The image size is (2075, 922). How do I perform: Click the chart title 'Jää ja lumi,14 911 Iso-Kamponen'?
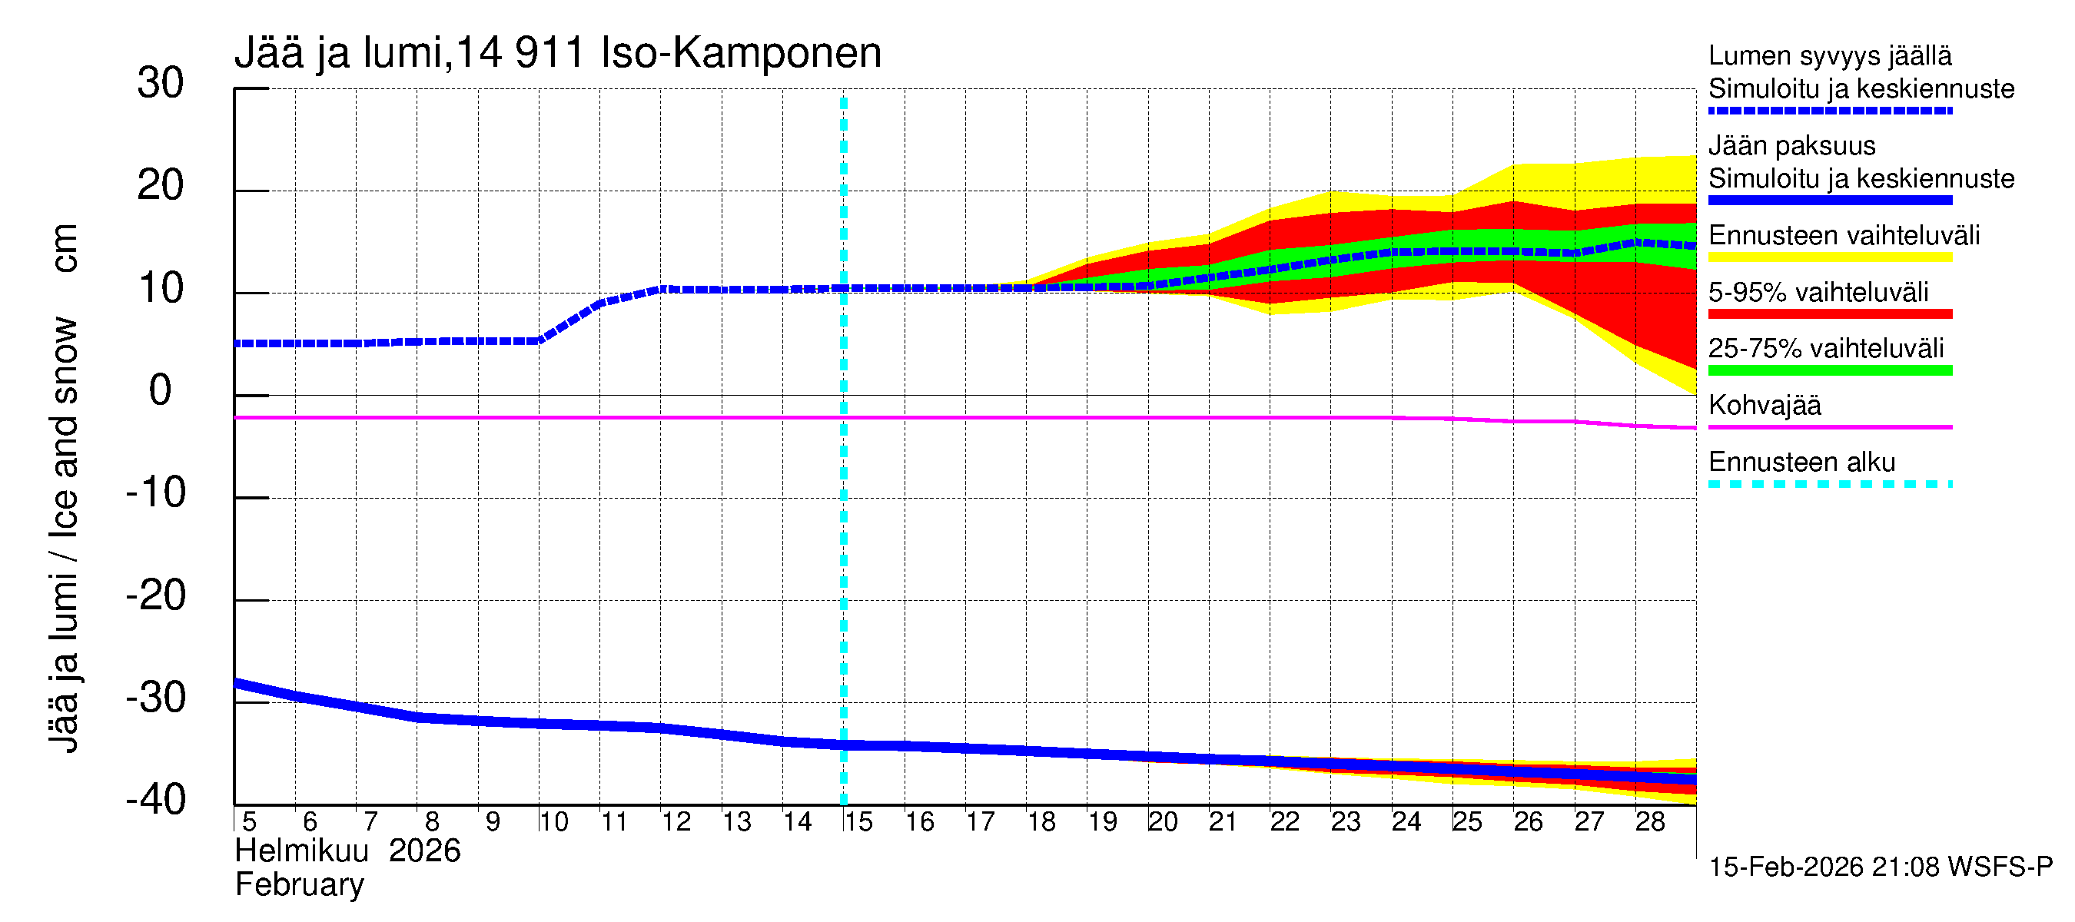point(557,53)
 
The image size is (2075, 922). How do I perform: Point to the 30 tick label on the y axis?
point(161,83)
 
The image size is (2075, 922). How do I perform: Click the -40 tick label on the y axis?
point(156,800)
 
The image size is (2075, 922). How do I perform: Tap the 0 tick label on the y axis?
point(161,390)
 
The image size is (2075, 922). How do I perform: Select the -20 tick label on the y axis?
point(156,596)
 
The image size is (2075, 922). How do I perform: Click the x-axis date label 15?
point(858,822)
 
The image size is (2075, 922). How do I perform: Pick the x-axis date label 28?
point(1650,822)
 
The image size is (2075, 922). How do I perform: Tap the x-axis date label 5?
point(249,822)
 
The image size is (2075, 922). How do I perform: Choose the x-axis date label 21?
point(1223,822)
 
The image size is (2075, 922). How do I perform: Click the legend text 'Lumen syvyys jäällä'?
point(1830,56)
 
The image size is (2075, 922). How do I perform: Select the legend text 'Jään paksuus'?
point(1791,146)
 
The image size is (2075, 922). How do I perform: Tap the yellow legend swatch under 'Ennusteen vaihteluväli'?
point(1830,257)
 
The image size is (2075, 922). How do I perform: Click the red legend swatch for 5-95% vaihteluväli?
point(1830,314)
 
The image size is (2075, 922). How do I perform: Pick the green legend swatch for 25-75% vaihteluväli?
point(1830,370)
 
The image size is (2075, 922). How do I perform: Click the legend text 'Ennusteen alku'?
point(1802,463)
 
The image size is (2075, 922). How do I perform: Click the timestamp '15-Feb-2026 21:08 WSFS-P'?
point(1880,867)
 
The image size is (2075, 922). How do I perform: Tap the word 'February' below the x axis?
point(300,885)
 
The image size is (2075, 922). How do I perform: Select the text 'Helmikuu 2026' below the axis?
point(347,851)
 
